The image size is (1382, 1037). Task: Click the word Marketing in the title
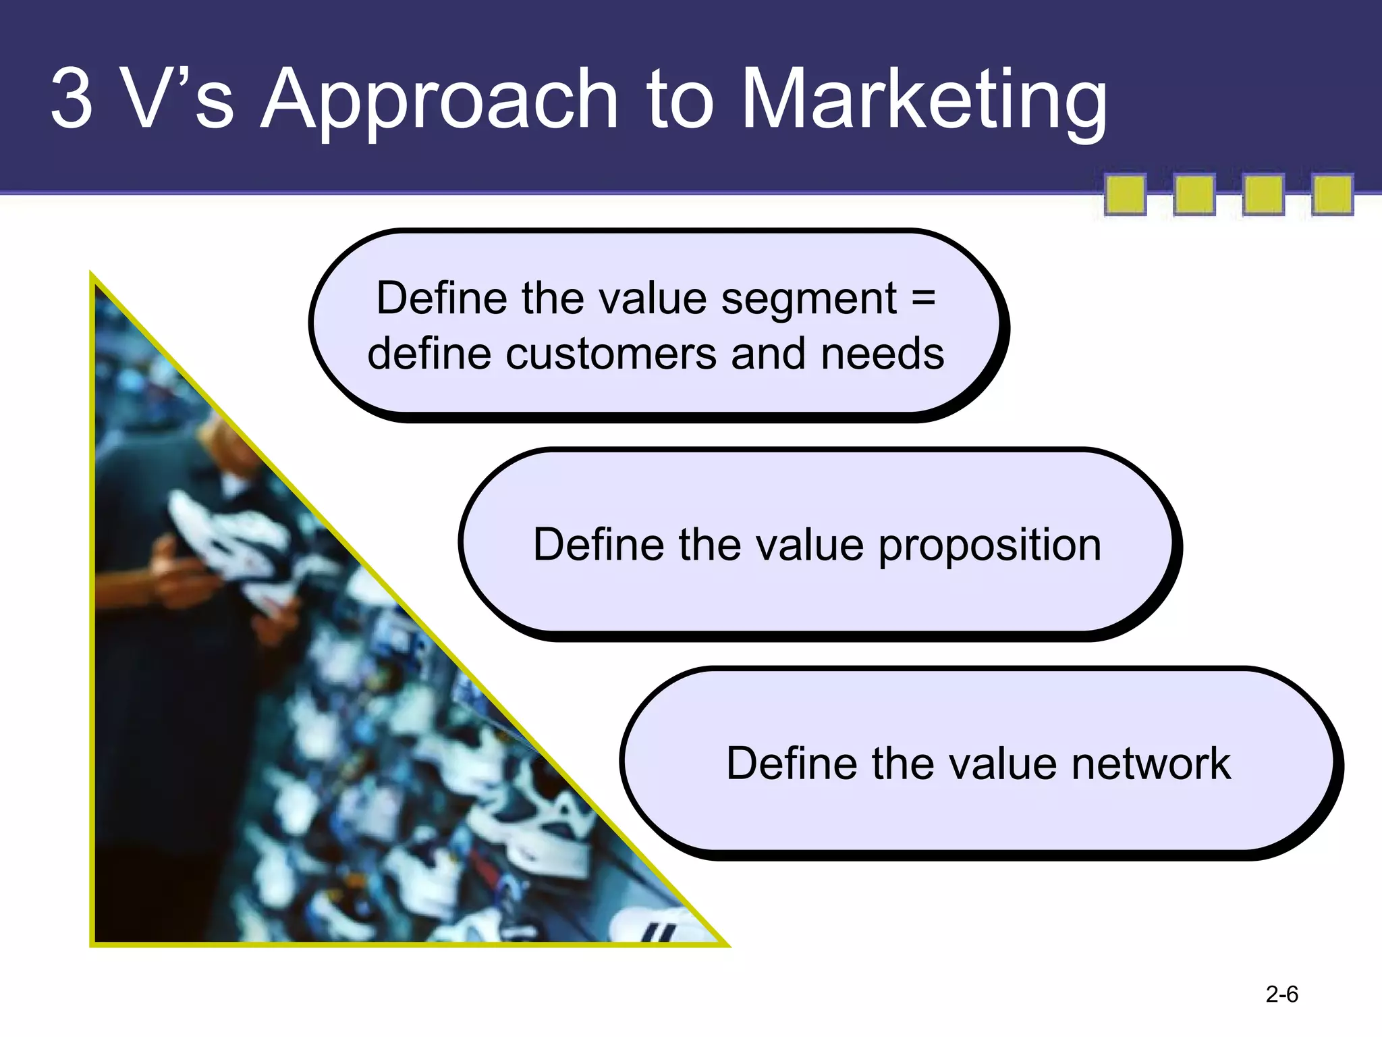coord(924,100)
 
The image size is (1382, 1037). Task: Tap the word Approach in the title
coord(439,100)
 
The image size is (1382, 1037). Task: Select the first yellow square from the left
coord(1125,194)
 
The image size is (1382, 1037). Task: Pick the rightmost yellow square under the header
coord(1332,194)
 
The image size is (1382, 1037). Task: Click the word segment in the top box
coord(808,298)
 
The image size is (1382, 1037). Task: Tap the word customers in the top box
coord(611,354)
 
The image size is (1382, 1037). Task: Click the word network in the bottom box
coord(1151,764)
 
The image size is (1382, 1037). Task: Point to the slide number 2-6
coord(1281,994)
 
